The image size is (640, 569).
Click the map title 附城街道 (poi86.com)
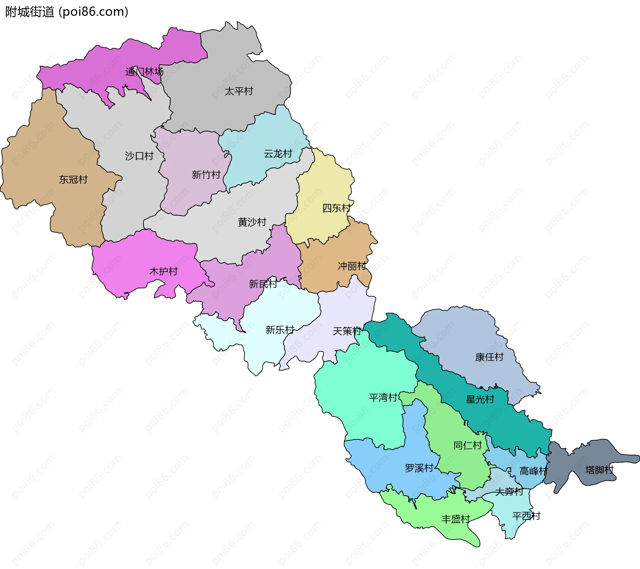click(x=67, y=12)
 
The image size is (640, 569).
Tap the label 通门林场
click(x=144, y=72)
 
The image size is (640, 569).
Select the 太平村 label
click(x=239, y=91)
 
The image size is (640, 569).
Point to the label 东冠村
click(x=73, y=180)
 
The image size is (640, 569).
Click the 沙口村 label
click(x=139, y=156)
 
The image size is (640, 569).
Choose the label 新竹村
click(x=206, y=175)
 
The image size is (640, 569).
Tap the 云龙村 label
click(x=278, y=154)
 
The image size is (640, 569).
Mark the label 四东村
click(x=336, y=208)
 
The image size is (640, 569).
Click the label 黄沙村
click(x=252, y=222)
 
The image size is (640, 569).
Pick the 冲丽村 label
click(x=352, y=266)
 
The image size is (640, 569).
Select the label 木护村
click(x=163, y=272)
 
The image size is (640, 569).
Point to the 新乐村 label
click(x=279, y=330)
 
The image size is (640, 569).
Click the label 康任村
click(x=489, y=357)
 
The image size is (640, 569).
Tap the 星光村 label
click(x=480, y=399)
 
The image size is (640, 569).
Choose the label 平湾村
click(x=383, y=397)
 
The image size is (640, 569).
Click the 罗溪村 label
click(x=419, y=468)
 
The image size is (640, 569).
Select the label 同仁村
click(x=468, y=445)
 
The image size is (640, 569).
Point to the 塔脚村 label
click(x=599, y=470)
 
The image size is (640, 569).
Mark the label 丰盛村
click(x=455, y=519)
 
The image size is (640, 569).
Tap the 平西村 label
click(x=526, y=516)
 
